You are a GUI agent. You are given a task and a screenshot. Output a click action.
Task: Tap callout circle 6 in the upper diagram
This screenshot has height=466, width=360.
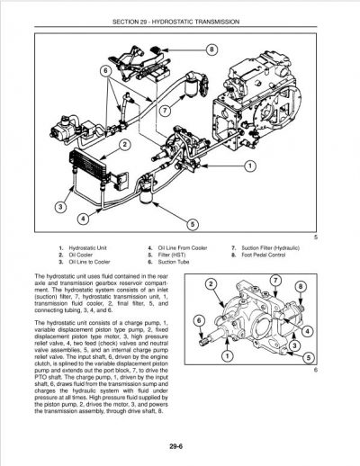105,69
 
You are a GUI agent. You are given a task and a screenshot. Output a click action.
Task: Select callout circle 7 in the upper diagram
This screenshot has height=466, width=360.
165,110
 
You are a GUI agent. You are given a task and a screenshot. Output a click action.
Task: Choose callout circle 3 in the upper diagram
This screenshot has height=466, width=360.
62,208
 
